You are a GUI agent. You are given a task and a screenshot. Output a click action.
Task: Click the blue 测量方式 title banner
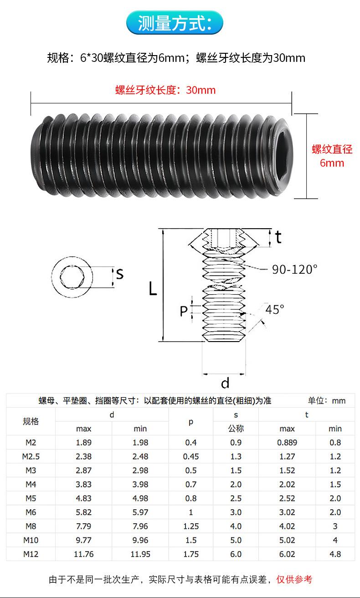click(x=175, y=23)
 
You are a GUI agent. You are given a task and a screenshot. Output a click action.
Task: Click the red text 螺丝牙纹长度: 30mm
click(x=165, y=90)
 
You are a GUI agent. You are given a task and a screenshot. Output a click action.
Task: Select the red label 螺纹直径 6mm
click(x=332, y=156)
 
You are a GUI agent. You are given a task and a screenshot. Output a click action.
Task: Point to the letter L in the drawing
click(x=153, y=289)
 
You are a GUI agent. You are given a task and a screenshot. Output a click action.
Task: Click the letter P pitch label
click(x=184, y=311)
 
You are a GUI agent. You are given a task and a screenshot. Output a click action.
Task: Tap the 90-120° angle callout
click(x=294, y=270)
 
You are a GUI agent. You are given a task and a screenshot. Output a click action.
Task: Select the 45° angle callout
click(x=274, y=309)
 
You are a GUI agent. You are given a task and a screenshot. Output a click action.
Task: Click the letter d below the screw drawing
click(x=225, y=383)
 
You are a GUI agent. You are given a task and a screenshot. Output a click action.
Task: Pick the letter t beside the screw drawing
click(x=278, y=237)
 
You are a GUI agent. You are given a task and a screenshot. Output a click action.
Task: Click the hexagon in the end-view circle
click(x=72, y=277)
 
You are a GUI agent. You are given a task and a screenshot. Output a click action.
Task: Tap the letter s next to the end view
click(x=120, y=274)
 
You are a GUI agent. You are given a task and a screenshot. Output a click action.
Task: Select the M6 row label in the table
click(x=31, y=512)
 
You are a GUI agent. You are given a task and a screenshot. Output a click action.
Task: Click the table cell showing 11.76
click(x=83, y=554)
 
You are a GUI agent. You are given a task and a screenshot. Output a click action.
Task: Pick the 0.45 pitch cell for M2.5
click(x=190, y=456)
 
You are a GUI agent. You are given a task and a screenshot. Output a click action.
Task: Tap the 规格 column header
click(x=31, y=421)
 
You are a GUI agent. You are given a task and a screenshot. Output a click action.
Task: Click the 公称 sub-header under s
click(x=236, y=428)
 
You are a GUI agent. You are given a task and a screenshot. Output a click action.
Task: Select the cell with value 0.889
click(x=287, y=442)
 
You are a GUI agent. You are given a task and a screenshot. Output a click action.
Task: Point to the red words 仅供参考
click(x=294, y=579)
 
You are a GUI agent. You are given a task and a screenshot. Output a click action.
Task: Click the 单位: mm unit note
click(x=327, y=400)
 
